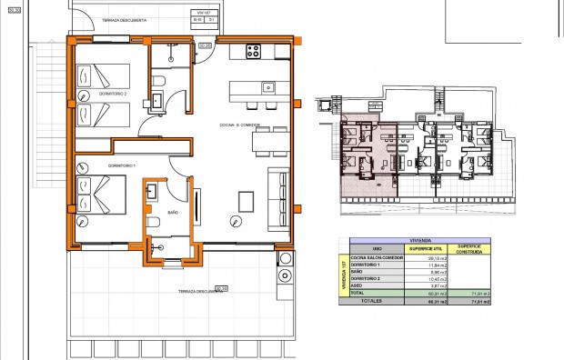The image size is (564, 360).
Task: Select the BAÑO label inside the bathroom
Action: [x=173, y=213]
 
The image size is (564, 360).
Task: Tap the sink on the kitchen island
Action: [x=268, y=87]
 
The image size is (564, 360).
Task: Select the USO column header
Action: [x=377, y=248]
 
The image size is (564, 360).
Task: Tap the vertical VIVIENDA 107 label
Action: [x=342, y=273]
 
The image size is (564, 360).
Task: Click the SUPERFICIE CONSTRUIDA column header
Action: [x=474, y=248]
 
